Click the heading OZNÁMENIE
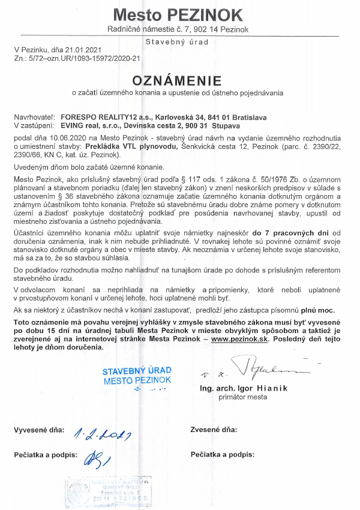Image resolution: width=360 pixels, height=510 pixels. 176,80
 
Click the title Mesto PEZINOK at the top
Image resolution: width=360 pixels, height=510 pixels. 178,14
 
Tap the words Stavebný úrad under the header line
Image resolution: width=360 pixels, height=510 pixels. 177,42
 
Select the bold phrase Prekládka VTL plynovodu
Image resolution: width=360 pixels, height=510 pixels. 113,146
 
